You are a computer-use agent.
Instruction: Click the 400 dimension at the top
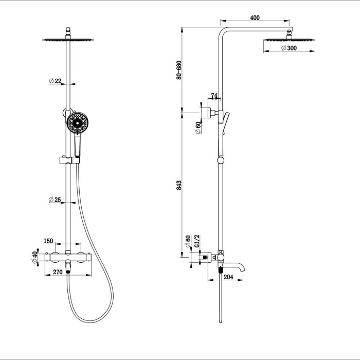255,17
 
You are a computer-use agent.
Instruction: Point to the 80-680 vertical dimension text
179,70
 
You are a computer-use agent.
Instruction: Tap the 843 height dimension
179,185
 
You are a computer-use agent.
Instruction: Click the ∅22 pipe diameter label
55,81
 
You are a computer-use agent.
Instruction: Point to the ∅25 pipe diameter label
55,200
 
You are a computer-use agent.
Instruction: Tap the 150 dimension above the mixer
63,241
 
